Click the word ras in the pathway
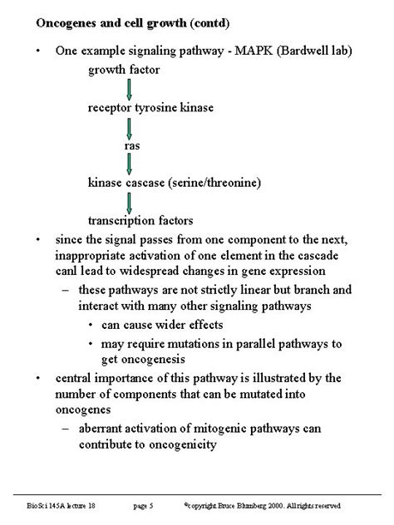[131, 145]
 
